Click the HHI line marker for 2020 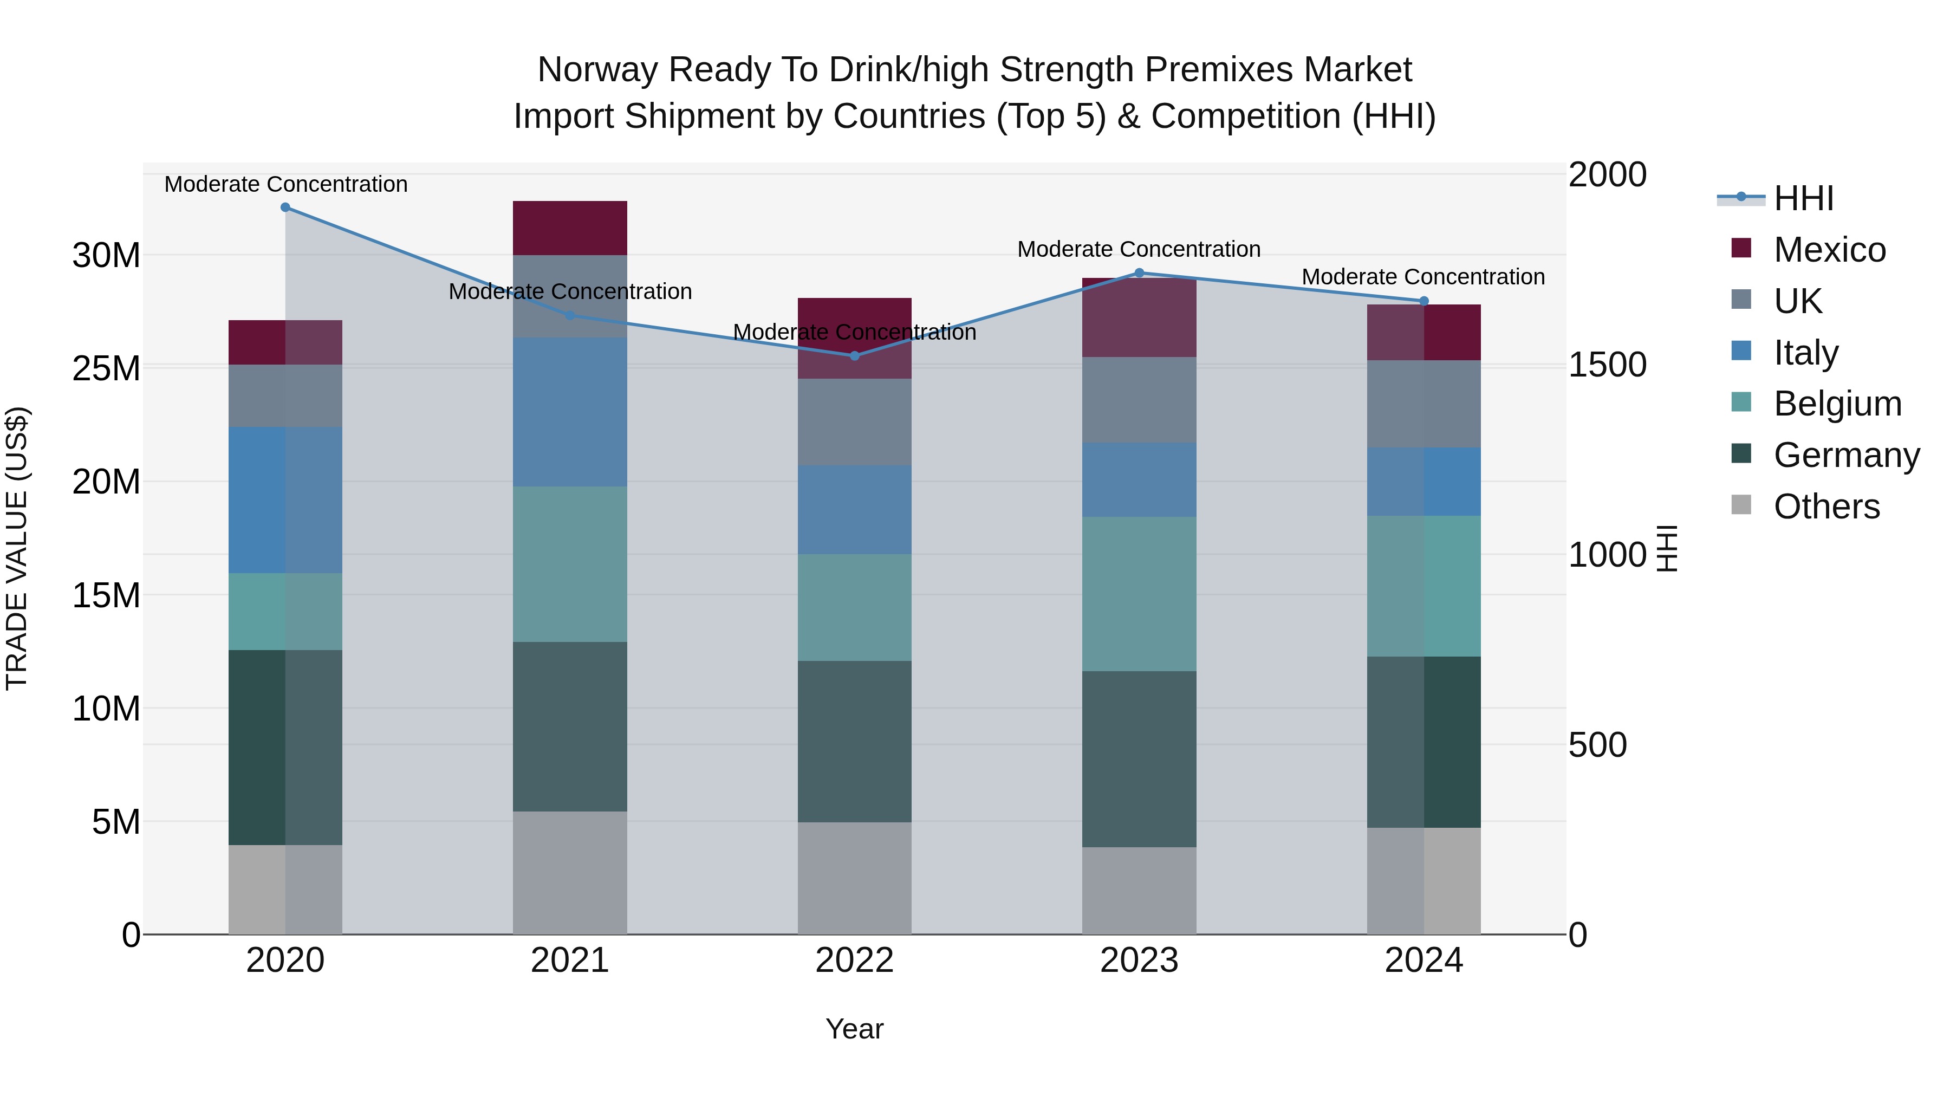285,207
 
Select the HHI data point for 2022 855,356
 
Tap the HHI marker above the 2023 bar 1139,274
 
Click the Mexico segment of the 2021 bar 570,228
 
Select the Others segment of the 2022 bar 855,878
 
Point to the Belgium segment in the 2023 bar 1139,594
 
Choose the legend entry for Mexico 1829,250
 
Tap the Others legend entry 1826,507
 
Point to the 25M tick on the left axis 106,369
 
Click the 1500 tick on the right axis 1607,365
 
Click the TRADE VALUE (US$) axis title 17,548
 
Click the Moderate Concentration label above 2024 1423,277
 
